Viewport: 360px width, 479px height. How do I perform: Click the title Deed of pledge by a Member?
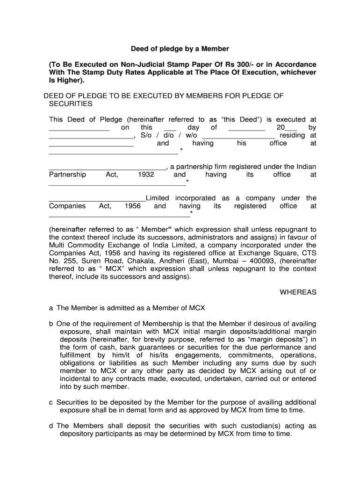(180, 49)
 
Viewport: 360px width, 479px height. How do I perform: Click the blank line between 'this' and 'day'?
(170, 128)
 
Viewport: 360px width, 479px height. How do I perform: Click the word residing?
(292, 136)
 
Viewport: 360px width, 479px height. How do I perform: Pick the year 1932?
(146, 174)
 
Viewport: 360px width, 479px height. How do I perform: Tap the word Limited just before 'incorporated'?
(157, 198)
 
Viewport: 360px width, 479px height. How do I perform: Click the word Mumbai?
(225, 261)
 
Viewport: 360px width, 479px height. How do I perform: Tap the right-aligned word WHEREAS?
(298, 292)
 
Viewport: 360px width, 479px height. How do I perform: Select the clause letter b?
(51, 324)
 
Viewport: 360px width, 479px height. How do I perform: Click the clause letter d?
(51, 426)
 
